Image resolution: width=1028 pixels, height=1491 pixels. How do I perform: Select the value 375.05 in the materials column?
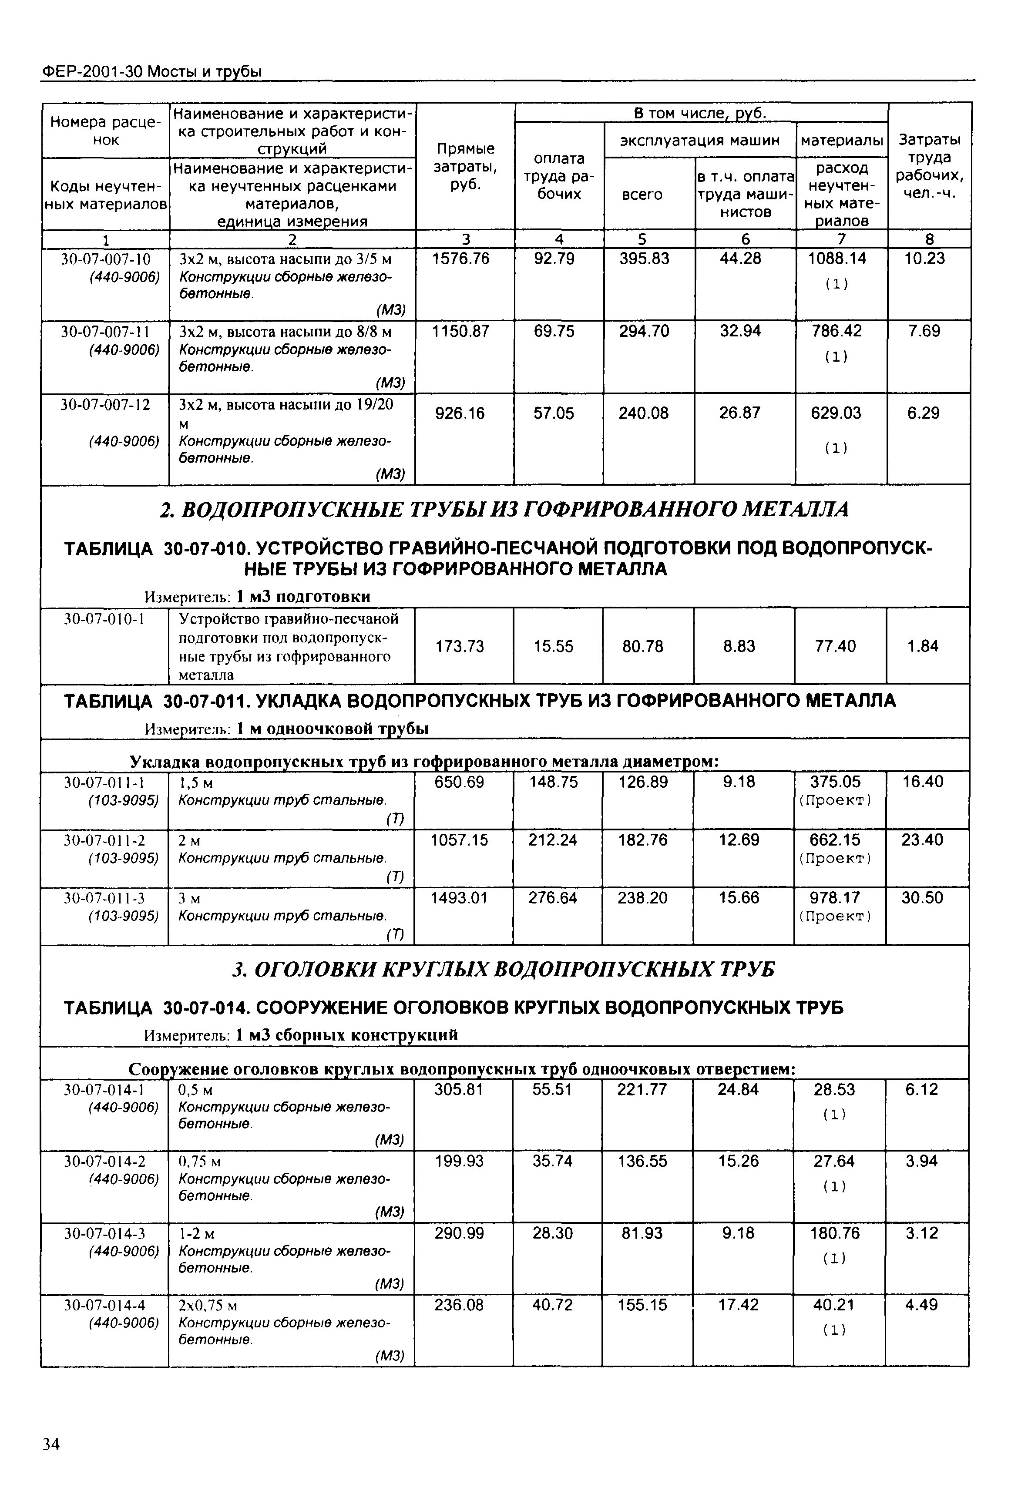pos(835,782)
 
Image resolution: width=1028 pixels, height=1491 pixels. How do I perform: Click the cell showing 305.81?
pos(459,1090)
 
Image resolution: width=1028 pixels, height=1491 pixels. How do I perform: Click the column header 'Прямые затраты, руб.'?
pos(466,167)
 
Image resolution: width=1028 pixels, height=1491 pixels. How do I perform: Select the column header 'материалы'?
pos(841,141)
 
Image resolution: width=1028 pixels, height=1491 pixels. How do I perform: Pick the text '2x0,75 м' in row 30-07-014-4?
pos(208,1306)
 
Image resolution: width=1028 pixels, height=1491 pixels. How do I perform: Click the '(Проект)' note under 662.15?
pos(835,859)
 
